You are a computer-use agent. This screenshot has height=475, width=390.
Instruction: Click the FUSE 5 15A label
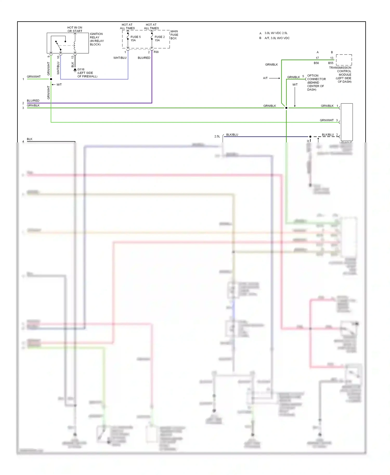pos(135,38)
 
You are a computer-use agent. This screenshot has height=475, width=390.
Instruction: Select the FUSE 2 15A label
pos(159,38)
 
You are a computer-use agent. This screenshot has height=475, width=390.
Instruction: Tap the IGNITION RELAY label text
pos(96,39)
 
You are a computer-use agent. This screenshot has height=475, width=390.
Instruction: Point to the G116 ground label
pos(87,73)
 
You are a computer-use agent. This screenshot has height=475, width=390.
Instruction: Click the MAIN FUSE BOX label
pos(174,35)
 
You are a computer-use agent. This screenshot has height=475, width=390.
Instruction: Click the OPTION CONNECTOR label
pos(316,82)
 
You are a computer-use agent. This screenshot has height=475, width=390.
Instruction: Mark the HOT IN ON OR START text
pos(75,29)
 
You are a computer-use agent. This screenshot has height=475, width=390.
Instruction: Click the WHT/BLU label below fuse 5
pos(120,58)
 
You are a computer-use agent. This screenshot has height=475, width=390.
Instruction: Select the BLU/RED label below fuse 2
pos(144,58)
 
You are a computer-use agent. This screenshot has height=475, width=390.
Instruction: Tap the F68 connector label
pos(156,52)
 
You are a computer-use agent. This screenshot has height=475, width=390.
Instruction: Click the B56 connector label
pos(316,63)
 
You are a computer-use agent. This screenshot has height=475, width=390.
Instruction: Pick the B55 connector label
pos(330,63)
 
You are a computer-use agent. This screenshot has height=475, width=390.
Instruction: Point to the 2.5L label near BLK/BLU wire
pos(217,136)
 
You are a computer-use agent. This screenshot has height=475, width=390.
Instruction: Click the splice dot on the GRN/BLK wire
pos(286,108)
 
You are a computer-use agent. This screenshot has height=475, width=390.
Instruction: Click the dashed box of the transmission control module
pos(344,60)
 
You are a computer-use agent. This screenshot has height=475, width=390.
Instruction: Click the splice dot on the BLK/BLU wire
pos(310,136)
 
